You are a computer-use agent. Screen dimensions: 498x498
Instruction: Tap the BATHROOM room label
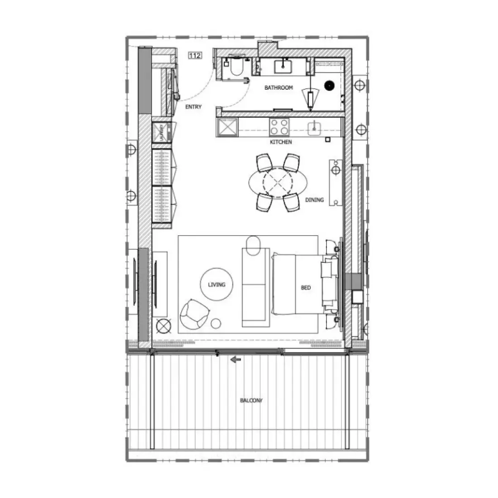point(278,88)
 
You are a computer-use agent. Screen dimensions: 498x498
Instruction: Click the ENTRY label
point(193,107)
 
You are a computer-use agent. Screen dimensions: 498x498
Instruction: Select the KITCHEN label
point(281,142)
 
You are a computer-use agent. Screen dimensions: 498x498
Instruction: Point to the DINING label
point(314,200)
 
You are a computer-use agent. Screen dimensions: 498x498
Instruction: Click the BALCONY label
point(251,401)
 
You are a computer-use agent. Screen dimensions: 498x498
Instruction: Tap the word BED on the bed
point(306,287)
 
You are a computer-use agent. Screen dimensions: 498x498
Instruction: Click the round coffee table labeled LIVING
point(216,285)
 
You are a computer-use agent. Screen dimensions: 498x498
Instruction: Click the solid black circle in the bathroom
point(330,84)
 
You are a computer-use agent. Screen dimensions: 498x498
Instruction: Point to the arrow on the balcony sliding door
point(235,360)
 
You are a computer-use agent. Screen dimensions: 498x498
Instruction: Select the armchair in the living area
point(195,313)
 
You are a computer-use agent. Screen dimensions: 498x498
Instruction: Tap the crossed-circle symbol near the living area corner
point(162,326)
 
